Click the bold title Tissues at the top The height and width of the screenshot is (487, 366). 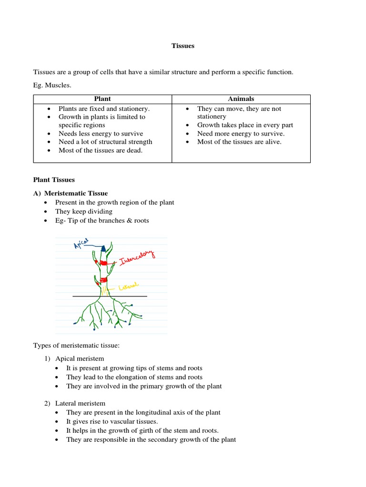pos(183,46)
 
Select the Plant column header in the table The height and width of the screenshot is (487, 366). pos(102,99)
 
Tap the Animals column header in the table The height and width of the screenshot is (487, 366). pos(241,99)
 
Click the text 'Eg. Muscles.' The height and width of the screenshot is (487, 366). pos(52,85)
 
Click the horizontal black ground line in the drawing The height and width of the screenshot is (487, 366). pos(110,296)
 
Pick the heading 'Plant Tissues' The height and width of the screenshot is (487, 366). pos(54,180)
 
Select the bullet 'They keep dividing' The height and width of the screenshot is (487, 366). pos(84,211)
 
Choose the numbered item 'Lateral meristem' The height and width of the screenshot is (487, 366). pos(80,403)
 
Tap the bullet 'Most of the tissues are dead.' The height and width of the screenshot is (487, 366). pos(101,150)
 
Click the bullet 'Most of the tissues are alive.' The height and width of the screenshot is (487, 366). pos(239,142)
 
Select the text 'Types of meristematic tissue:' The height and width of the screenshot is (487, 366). pos(76,345)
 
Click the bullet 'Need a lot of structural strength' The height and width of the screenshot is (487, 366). pos(105,142)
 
